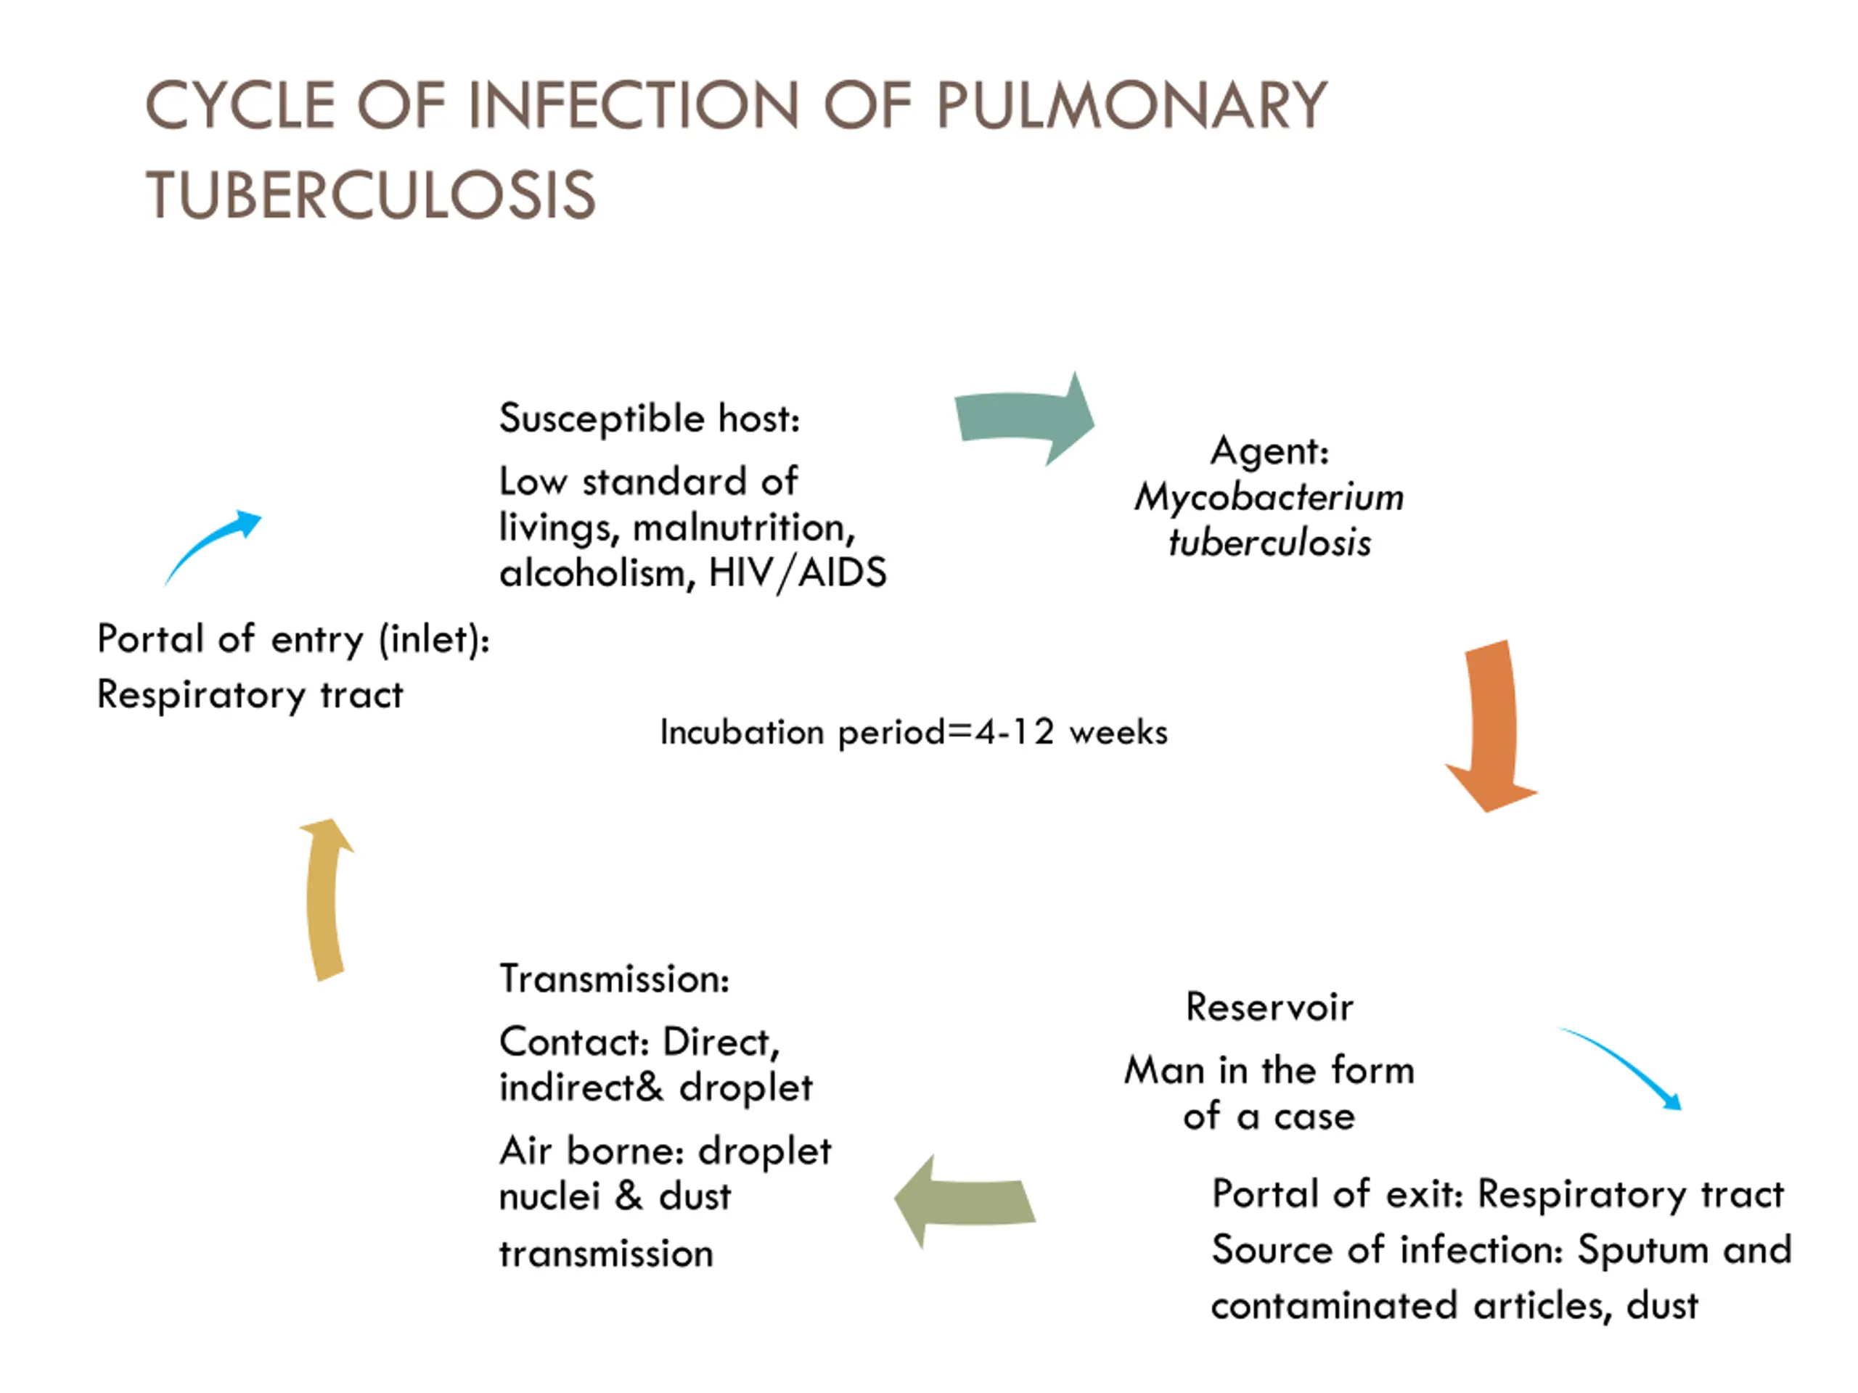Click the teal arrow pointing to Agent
(x=1024, y=418)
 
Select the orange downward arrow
(x=1491, y=726)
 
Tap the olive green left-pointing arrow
(x=965, y=1201)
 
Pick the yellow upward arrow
(x=326, y=899)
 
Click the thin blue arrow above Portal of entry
(x=213, y=546)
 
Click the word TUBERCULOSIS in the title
(x=370, y=194)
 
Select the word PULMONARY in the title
(x=1132, y=106)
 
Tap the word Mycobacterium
(x=1269, y=498)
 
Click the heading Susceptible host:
(x=650, y=418)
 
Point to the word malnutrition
(x=744, y=528)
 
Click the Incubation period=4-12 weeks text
(x=914, y=732)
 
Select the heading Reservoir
(x=1269, y=1007)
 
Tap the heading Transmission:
(x=615, y=979)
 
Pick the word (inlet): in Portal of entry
(x=434, y=640)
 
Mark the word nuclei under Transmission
(x=549, y=1196)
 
